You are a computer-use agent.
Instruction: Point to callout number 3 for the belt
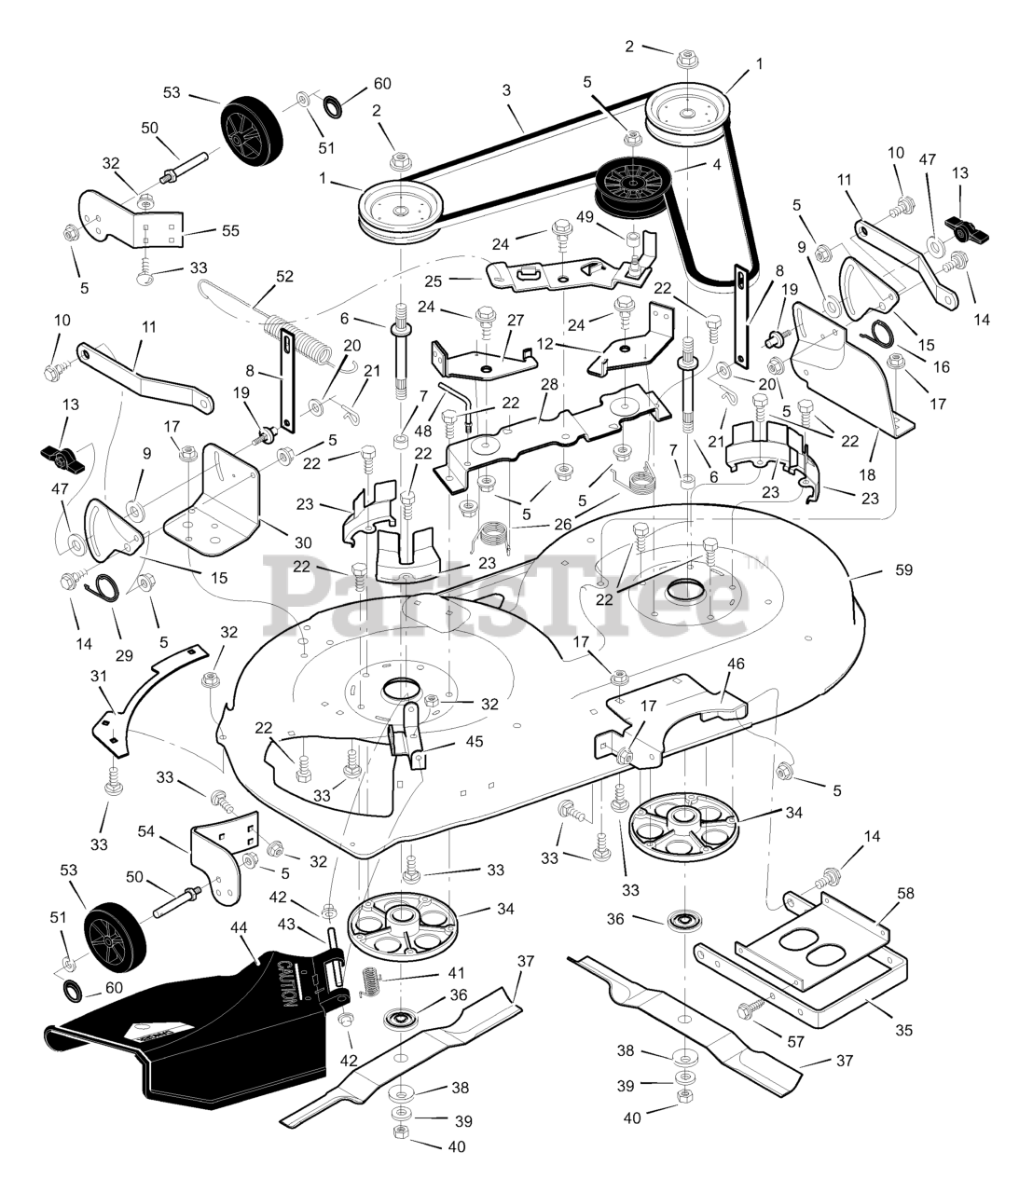pos(506,90)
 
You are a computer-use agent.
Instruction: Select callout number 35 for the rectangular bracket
pos(903,1030)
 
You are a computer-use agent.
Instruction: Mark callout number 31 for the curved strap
pos(99,675)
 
